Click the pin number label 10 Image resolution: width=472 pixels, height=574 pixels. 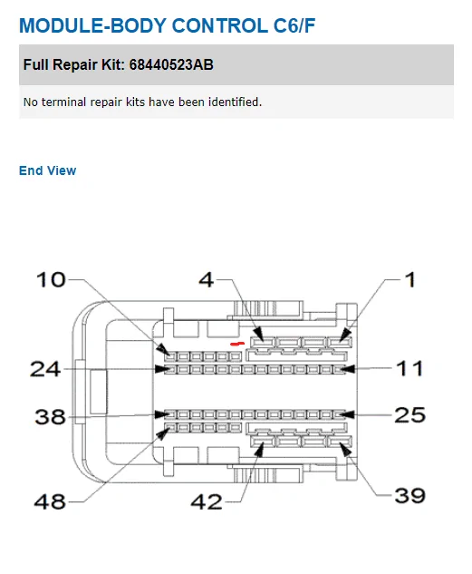tap(51, 280)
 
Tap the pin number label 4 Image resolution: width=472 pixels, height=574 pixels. tap(207, 280)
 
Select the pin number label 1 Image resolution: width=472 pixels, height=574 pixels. tap(411, 280)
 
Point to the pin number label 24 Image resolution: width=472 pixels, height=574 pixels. tap(45, 369)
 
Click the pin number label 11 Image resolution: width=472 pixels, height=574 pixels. tap(409, 368)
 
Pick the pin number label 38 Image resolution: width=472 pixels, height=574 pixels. tap(50, 417)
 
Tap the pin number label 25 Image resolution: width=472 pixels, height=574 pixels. tap(409, 415)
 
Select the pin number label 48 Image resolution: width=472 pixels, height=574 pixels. tap(50, 501)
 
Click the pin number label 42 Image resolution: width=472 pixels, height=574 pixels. tap(207, 501)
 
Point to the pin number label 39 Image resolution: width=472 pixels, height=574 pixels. tap(409, 496)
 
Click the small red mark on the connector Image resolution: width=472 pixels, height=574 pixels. tap(237, 344)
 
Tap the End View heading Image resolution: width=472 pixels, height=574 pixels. tap(47, 170)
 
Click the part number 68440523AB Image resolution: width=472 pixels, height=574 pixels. tap(171, 64)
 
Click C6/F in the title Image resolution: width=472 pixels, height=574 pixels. tap(294, 25)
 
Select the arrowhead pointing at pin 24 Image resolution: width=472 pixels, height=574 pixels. tap(163, 369)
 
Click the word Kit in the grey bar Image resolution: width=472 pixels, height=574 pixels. tap(110, 64)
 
